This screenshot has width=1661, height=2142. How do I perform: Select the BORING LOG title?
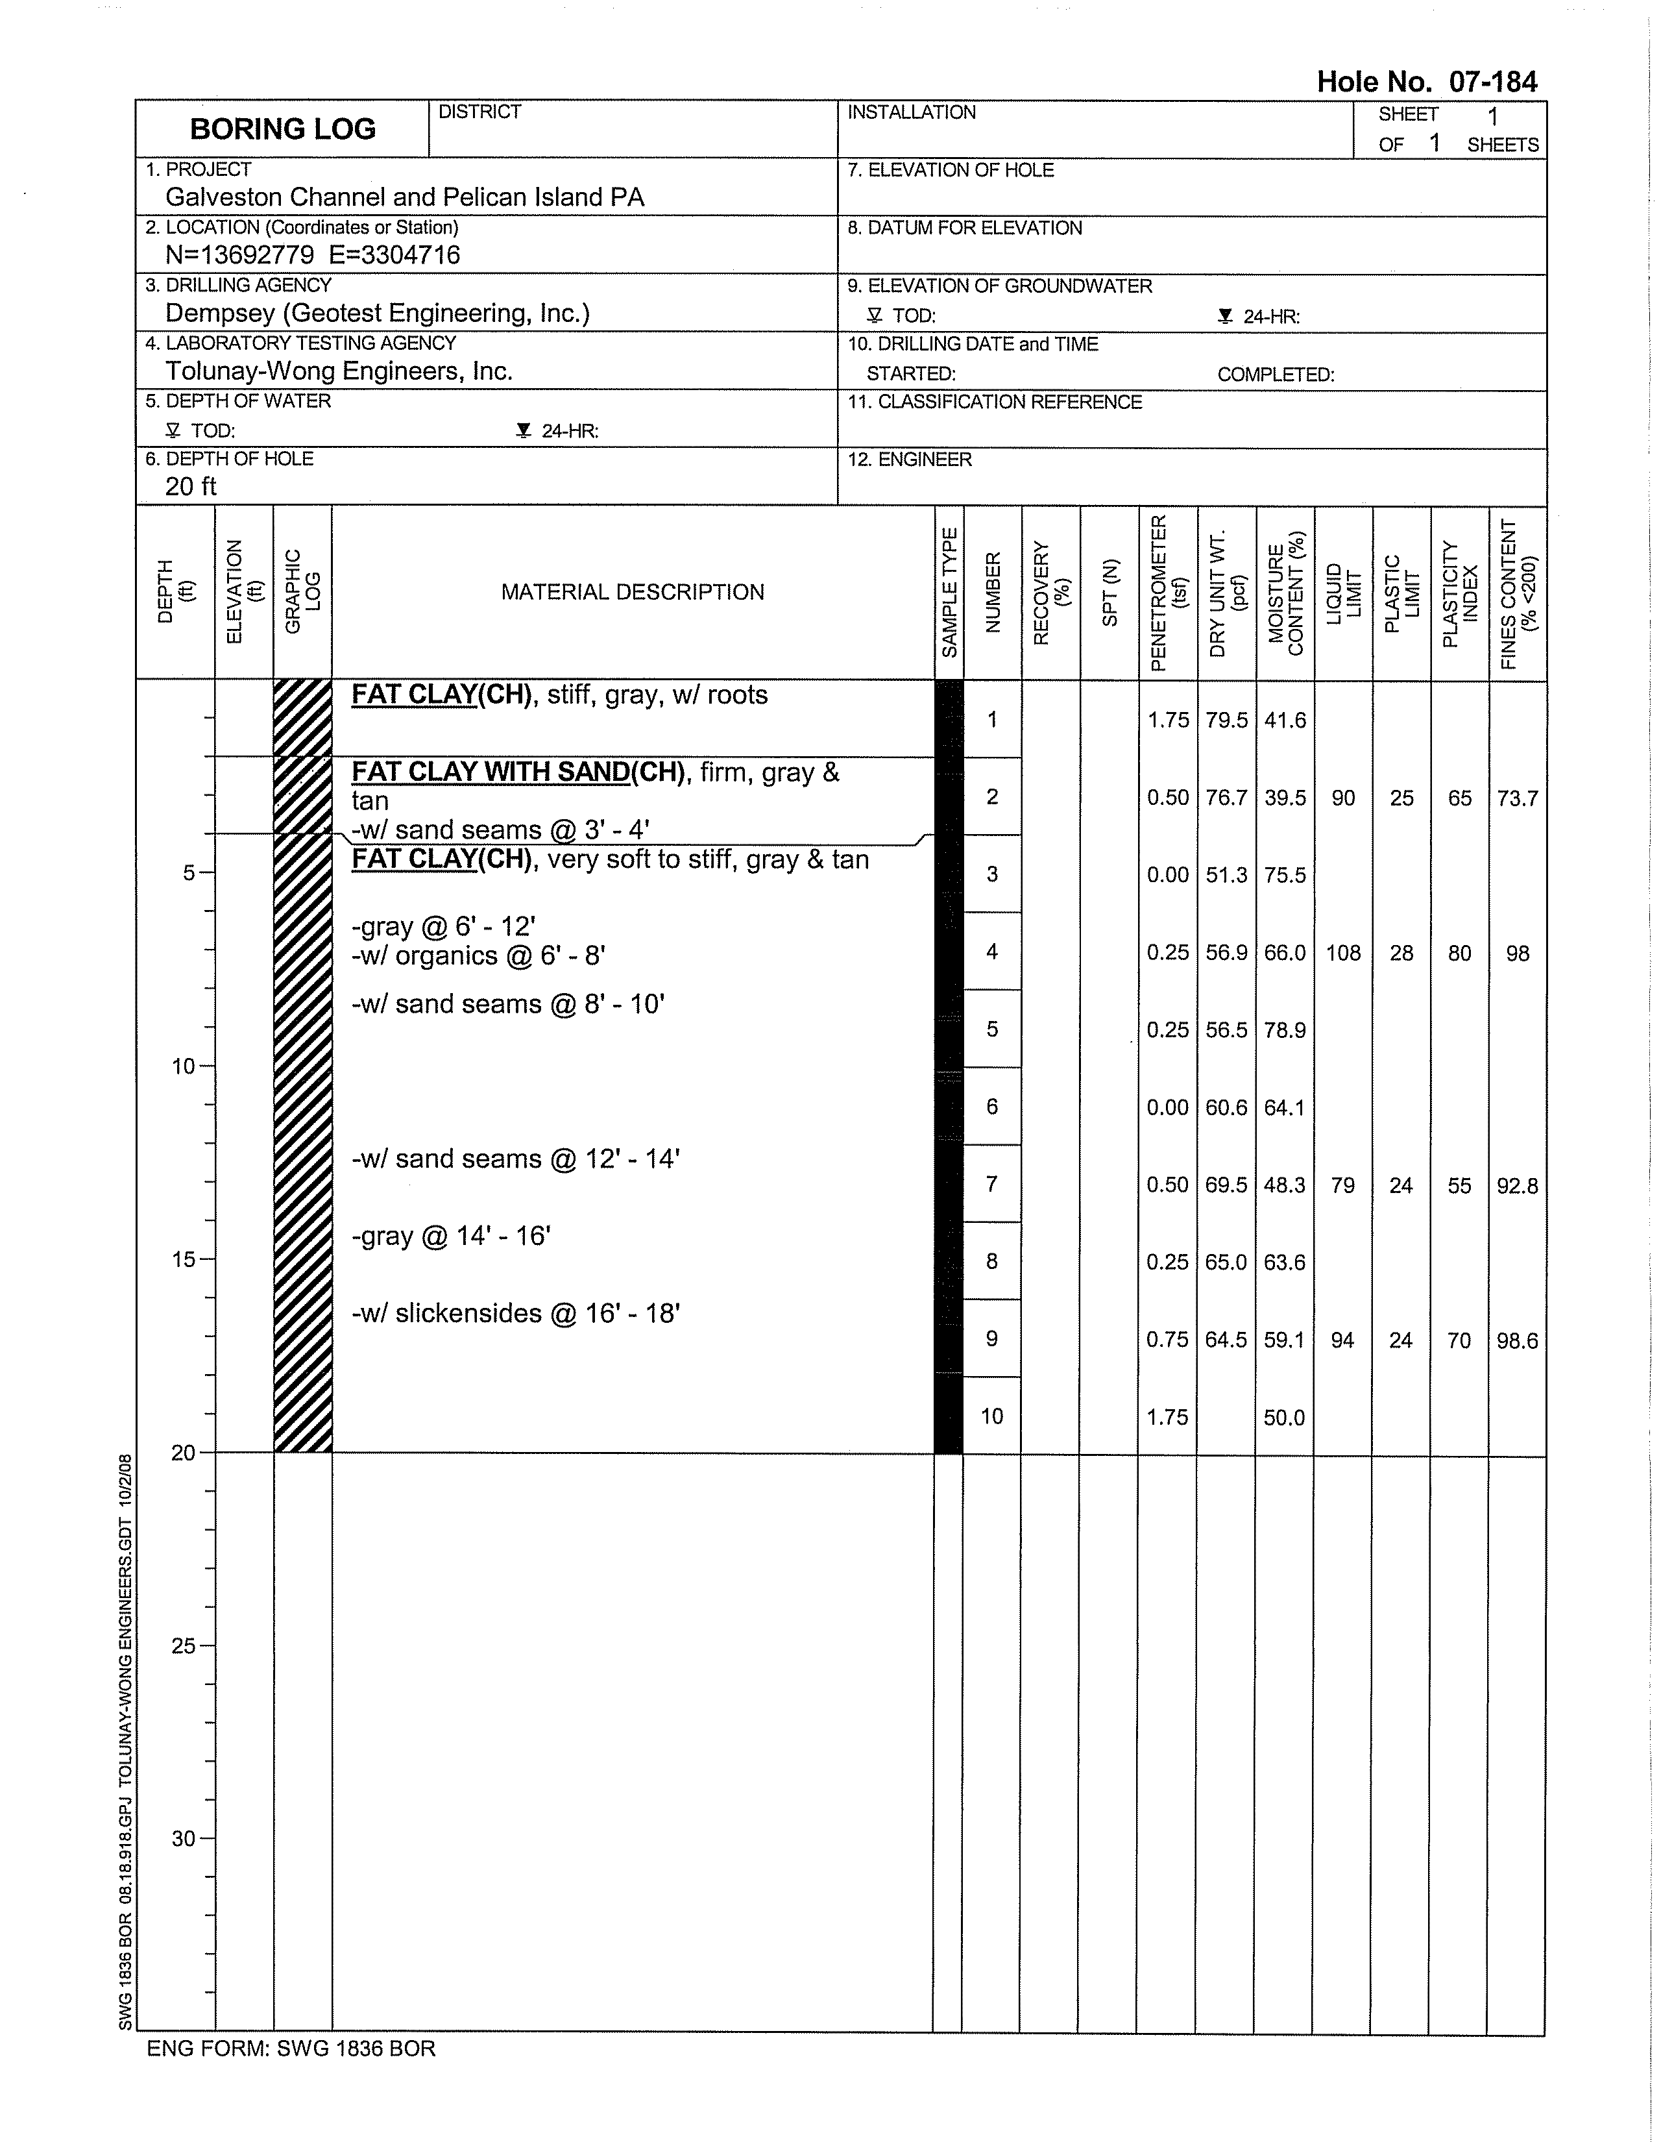(282, 129)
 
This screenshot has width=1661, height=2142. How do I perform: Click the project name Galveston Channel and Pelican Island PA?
(405, 197)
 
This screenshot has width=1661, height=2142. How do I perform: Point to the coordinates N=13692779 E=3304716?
(313, 255)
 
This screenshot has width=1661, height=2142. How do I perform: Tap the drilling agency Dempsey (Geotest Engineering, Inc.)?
(378, 313)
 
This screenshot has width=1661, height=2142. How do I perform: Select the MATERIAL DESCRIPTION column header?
(633, 593)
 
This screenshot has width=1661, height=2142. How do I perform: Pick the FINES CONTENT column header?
(1518, 593)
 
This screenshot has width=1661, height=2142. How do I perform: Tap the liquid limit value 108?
(1343, 952)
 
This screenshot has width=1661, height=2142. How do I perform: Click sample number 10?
(992, 1416)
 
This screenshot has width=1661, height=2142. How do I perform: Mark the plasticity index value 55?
(1460, 1185)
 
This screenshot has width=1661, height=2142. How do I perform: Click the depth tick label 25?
(184, 1645)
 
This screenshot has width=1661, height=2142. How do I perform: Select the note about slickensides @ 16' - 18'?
(516, 1313)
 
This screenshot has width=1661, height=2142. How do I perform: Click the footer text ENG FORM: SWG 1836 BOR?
(291, 2048)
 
